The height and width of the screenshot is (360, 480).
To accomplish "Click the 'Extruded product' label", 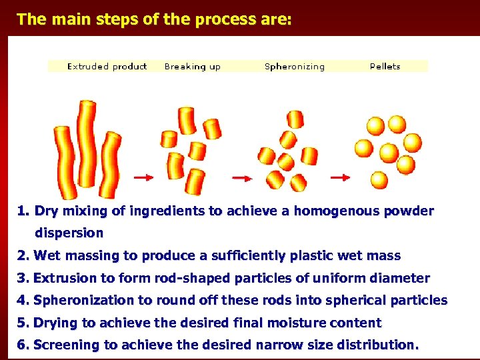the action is (x=107, y=67).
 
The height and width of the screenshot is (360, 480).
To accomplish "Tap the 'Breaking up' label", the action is (x=192, y=67).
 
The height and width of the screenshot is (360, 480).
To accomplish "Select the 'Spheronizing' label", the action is (x=295, y=67).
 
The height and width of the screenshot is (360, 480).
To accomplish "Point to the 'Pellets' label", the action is (x=385, y=67).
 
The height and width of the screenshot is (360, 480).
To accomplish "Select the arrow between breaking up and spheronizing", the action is (x=241, y=177).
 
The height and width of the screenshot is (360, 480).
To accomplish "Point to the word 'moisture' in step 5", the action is (x=289, y=323).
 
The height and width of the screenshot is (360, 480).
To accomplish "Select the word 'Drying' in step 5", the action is (x=55, y=323).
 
